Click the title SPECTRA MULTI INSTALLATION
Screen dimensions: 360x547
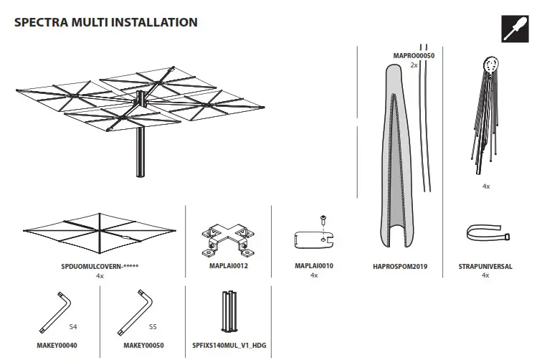pos(105,22)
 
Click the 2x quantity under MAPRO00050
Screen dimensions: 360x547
pos(414,65)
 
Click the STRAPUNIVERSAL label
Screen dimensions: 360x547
pos(485,266)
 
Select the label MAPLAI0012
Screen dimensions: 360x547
pos(228,266)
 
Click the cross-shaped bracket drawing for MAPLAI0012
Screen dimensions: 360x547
pos(228,237)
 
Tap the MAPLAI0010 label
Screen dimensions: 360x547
pos(314,266)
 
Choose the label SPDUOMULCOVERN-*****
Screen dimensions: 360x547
pos(100,266)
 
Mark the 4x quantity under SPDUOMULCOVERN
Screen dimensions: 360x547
pos(100,275)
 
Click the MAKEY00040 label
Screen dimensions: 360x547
pos(57,345)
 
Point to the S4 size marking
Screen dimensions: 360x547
pos(74,326)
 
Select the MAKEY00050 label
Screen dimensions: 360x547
pos(144,345)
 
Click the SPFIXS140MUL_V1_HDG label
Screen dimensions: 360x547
pos(228,345)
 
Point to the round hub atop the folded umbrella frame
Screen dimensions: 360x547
pos(490,65)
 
